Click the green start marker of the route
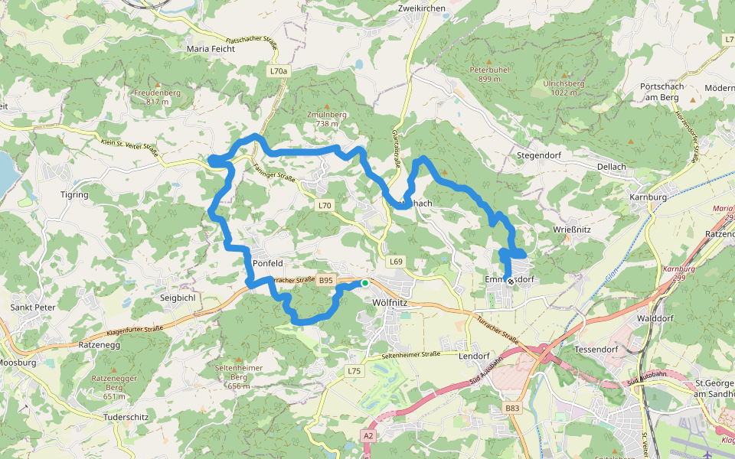365,284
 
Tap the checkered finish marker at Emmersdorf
511,282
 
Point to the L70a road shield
279,70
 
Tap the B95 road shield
326,281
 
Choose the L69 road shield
395,262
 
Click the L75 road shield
353,371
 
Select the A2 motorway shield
369,435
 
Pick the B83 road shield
512,409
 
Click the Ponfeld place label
268,263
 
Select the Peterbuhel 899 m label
489,73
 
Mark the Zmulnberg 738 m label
327,119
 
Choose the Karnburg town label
648,197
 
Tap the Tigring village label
74,194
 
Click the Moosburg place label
17,363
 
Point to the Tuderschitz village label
127,418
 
